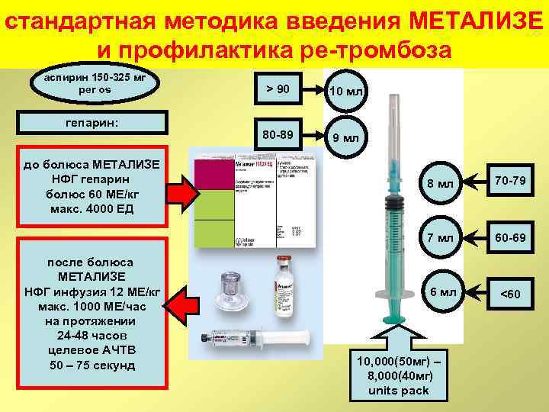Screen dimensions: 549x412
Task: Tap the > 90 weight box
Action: tap(278, 89)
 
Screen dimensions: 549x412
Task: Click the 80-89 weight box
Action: tap(278, 135)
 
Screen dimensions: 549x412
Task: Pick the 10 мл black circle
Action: tap(346, 92)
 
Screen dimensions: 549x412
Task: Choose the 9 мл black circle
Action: tap(346, 139)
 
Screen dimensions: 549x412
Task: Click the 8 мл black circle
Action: tap(440, 183)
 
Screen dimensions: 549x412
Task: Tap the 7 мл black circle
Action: tap(440, 238)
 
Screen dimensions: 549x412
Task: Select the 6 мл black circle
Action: tap(440, 292)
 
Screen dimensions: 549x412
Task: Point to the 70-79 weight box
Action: tap(510, 182)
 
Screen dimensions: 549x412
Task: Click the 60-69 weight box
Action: tap(510, 237)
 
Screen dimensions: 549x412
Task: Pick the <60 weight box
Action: tap(510, 294)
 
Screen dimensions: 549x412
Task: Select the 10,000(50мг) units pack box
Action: tap(399, 375)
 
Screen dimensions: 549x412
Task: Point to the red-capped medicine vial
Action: tap(285, 283)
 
